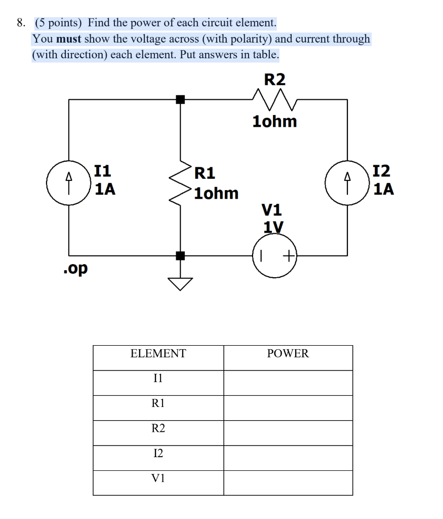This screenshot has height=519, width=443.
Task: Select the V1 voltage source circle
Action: (x=275, y=256)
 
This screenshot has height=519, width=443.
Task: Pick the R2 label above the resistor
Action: (x=275, y=80)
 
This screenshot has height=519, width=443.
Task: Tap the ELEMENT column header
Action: (x=158, y=354)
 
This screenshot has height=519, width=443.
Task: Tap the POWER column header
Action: (x=288, y=354)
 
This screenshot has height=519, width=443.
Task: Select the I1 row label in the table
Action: (x=158, y=378)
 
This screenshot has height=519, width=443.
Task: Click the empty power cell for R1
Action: (x=288, y=403)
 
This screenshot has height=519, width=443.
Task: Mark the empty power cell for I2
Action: (x=288, y=453)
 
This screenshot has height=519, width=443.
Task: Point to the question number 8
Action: (x=20, y=23)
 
